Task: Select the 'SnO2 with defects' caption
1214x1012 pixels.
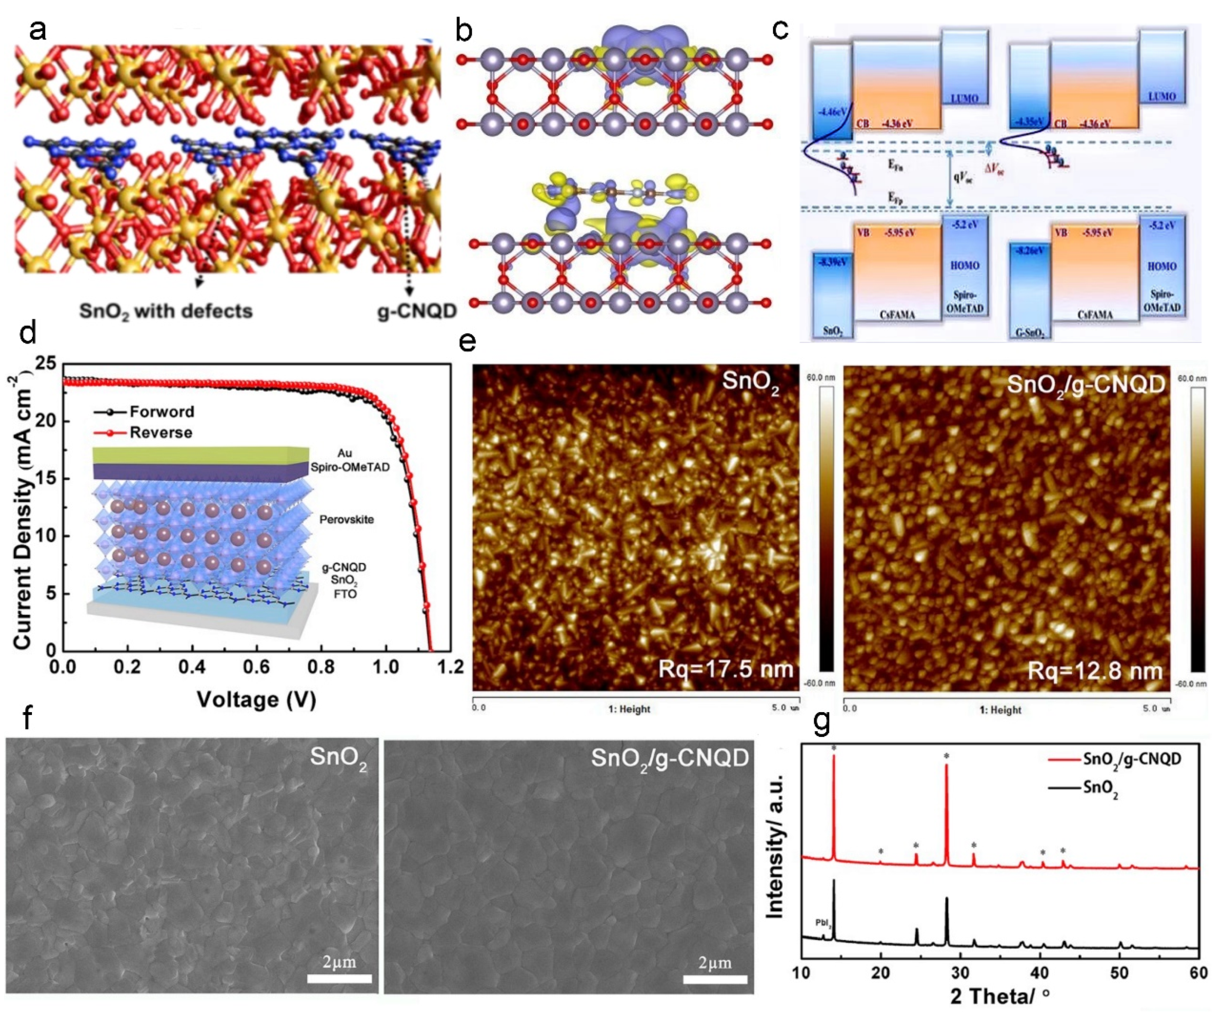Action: coord(166,311)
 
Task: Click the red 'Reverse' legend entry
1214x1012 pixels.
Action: coord(160,433)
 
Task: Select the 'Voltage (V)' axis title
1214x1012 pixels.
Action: coord(256,700)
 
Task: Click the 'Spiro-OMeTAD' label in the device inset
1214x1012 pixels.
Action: coord(350,467)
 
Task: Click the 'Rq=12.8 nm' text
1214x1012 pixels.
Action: coord(1094,671)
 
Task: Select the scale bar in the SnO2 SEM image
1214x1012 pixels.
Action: coord(339,978)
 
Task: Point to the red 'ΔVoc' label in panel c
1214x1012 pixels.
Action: coord(995,169)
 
